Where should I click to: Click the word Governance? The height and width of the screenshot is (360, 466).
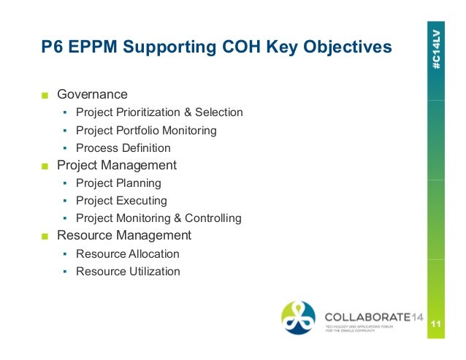[x=92, y=94]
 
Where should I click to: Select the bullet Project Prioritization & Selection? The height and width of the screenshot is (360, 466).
[x=159, y=112]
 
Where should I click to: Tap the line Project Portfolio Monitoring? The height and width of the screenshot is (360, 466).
[x=146, y=131]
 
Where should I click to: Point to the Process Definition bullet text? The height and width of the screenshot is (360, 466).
[x=123, y=148]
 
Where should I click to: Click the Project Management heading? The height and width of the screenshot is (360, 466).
[x=117, y=165]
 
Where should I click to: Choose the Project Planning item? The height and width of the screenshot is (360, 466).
[x=118, y=183]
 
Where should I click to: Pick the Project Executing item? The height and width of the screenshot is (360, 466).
[x=121, y=201]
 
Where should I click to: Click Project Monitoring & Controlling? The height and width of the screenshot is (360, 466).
[x=158, y=218]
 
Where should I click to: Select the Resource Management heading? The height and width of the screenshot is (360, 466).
[x=124, y=235]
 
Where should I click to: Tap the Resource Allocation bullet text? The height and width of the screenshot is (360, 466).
[x=127, y=254]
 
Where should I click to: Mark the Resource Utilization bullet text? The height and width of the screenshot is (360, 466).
[x=127, y=272]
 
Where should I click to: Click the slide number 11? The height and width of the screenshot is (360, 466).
[x=436, y=324]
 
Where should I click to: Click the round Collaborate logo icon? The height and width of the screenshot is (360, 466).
[x=299, y=318]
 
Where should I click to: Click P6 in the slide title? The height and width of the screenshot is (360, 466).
[x=51, y=48]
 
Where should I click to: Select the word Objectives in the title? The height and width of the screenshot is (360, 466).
[x=345, y=48]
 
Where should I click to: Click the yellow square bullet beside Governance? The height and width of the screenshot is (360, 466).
[x=45, y=95]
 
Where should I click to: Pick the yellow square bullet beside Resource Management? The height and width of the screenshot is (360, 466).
[x=45, y=236]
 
